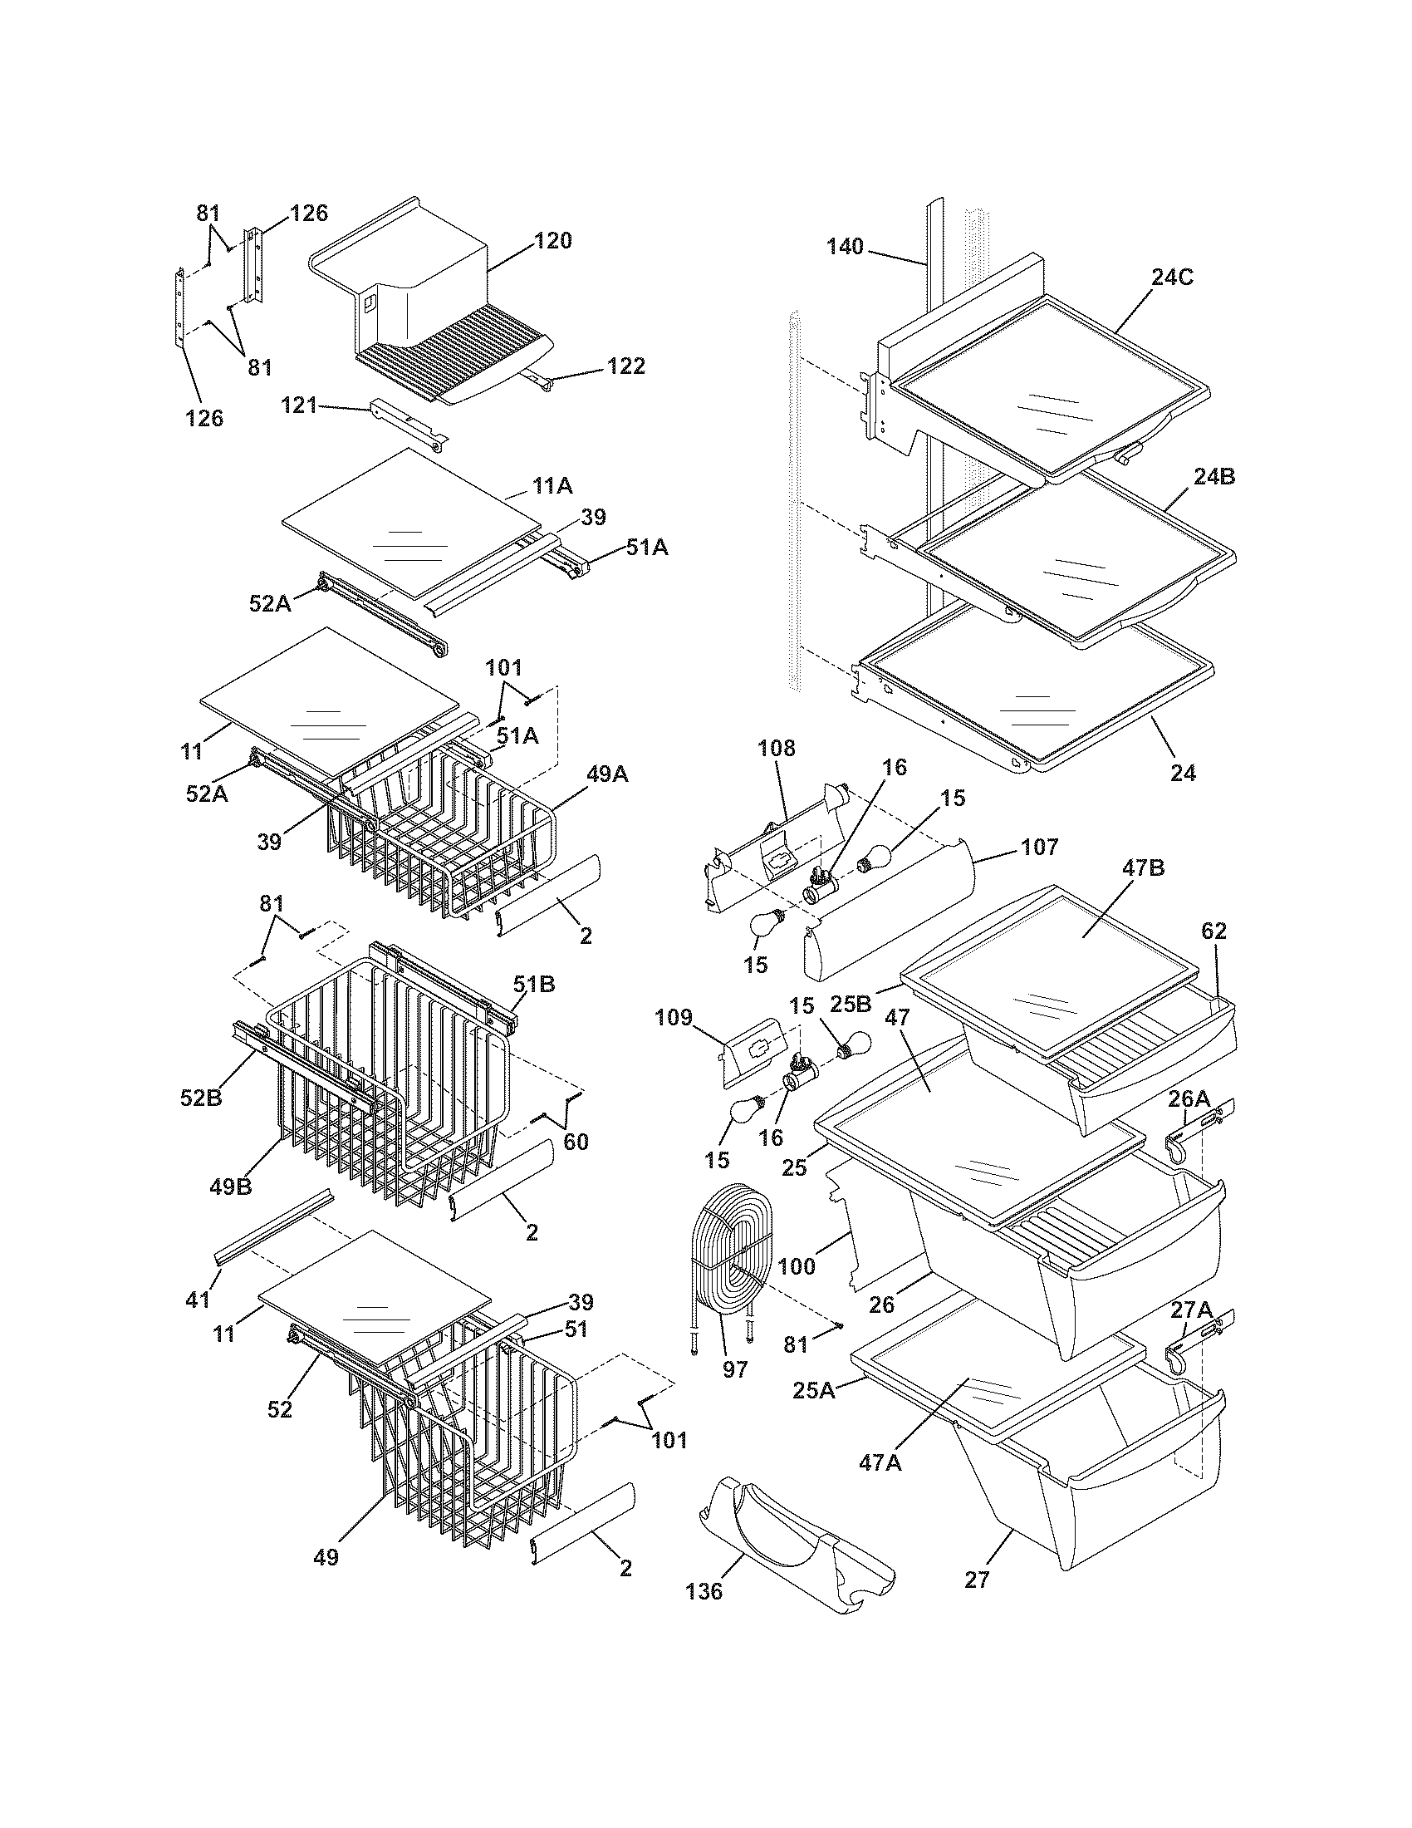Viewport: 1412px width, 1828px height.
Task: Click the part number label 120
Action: click(x=553, y=241)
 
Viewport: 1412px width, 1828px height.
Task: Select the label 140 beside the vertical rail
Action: click(x=845, y=247)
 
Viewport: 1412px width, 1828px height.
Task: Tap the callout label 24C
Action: click(x=1171, y=278)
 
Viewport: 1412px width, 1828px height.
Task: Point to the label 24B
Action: click(x=1213, y=477)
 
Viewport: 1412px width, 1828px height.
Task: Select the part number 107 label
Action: click(x=1040, y=847)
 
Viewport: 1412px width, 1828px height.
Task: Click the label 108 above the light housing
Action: click(x=777, y=748)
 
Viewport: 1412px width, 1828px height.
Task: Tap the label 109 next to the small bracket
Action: click(x=674, y=1017)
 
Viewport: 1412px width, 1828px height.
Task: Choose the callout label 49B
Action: click(x=231, y=1186)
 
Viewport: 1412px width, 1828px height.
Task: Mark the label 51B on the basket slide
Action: click(x=534, y=984)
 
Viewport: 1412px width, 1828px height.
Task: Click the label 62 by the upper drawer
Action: click(x=1213, y=931)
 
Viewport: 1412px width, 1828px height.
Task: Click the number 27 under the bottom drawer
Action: click(x=977, y=1580)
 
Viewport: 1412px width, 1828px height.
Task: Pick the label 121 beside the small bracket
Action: click(x=299, y=406)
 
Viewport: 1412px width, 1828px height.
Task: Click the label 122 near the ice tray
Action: click(x=626, y=366)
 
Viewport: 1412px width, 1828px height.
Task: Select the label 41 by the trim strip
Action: click(x=198, y=1300)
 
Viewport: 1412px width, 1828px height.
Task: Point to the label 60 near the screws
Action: click(x=576, y=1141)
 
